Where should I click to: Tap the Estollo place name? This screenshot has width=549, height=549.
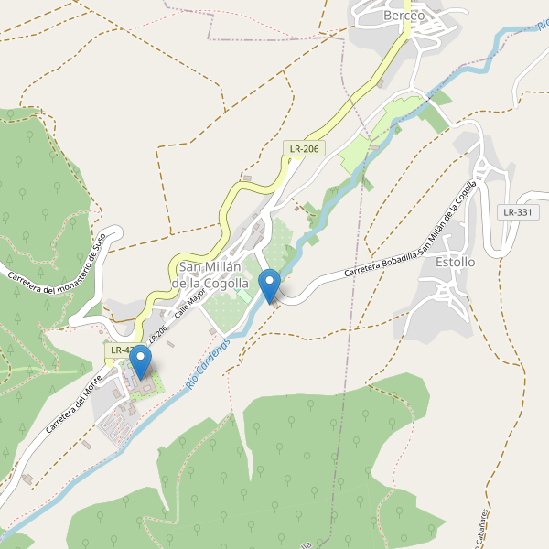[x=456, y=262]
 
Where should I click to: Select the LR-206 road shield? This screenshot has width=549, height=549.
[x=304, y=148]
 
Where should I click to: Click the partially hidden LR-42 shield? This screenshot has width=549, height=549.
[x=119, y=350]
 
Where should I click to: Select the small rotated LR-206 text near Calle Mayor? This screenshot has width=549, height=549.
[x=157, y=325]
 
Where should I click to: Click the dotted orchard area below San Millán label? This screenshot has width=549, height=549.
[x=227, y=311]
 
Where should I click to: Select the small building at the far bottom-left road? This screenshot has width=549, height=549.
[x=27, y=479]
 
